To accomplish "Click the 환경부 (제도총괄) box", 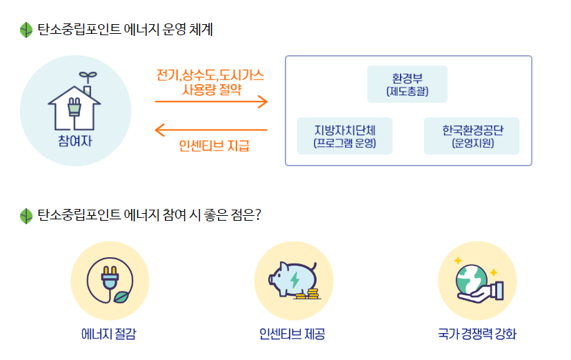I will coord(407,84).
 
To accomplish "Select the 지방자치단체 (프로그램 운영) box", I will coord(344,136).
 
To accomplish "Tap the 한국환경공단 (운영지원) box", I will coord(472,136).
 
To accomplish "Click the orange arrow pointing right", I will coord(211,102).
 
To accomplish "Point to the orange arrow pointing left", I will coord(211,129).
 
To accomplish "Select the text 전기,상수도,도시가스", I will coord(210,74).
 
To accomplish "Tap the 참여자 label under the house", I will coord(75,141).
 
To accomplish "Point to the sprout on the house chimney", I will coord(87,75).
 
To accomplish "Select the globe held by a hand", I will coord(472,276).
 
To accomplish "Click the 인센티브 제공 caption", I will coord(292,334).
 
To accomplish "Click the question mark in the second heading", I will coord(257,215).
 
